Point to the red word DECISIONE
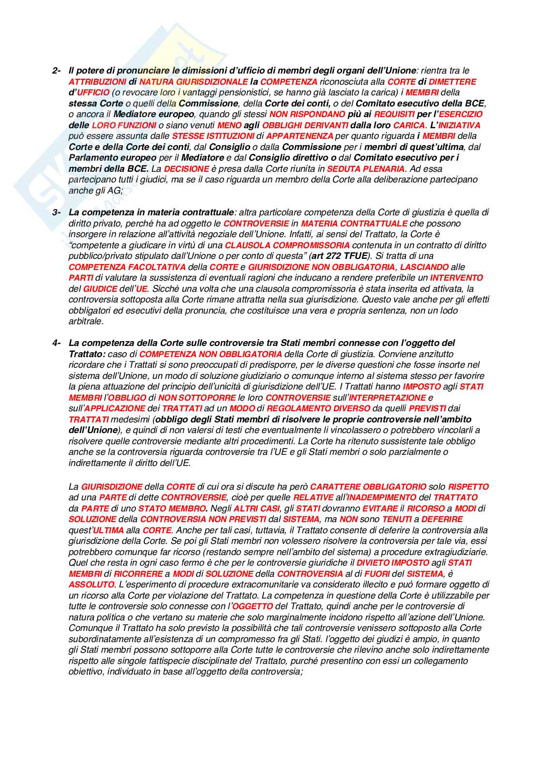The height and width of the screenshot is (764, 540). [186, 169]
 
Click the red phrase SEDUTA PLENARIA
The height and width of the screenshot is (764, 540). [366, 169]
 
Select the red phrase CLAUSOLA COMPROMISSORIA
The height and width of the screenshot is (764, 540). [287, 245]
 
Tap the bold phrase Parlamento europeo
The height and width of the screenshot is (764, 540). [112, 158]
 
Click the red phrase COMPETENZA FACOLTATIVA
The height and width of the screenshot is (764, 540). [127, 267]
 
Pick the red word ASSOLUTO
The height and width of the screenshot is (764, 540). [91, 584]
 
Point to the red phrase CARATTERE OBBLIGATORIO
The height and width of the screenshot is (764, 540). [368, 487]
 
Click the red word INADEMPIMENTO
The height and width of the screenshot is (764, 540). [382, 497]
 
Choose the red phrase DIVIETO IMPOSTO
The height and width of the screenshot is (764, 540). [392, 563]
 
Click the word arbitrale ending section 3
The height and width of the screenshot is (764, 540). [86, 321]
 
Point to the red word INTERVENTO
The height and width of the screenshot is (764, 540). [456, 278]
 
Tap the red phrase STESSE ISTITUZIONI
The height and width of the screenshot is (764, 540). [213, 136]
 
